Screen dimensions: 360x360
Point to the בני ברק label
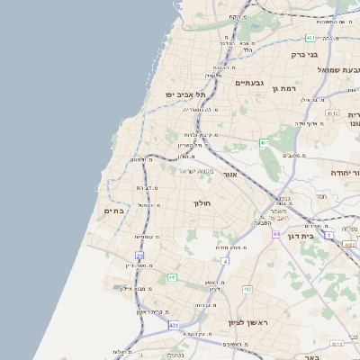(x=304, y=55)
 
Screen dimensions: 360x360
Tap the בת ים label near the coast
(x=113, y=211)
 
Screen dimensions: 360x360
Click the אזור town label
(x=229, y=174)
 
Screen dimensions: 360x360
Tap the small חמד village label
(x=321, y=195)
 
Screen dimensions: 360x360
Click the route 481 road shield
(x=310, y=38)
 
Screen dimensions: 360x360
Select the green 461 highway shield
(x=264, y=142)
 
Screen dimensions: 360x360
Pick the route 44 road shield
(x=276, y=233)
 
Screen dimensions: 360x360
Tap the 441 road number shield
(x=171, y=277)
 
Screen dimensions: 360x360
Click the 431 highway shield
(x=174, y=324)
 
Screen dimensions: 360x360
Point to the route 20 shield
(x=139, y=256)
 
